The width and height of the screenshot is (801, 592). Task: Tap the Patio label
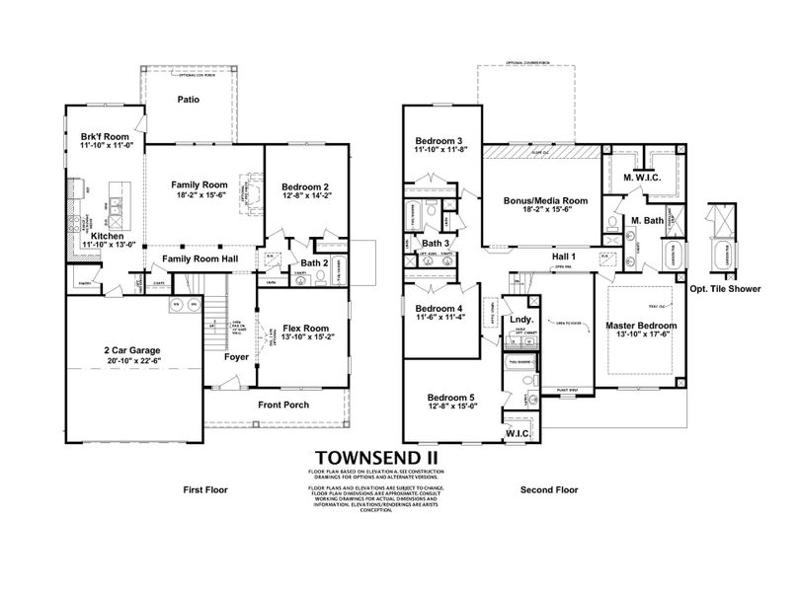190,99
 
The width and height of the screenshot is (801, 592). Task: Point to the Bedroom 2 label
305,186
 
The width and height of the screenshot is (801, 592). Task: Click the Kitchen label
107,238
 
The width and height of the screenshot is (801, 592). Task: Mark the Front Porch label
282,405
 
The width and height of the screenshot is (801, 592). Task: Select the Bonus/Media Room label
545,200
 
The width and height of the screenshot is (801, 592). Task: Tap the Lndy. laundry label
520,320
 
